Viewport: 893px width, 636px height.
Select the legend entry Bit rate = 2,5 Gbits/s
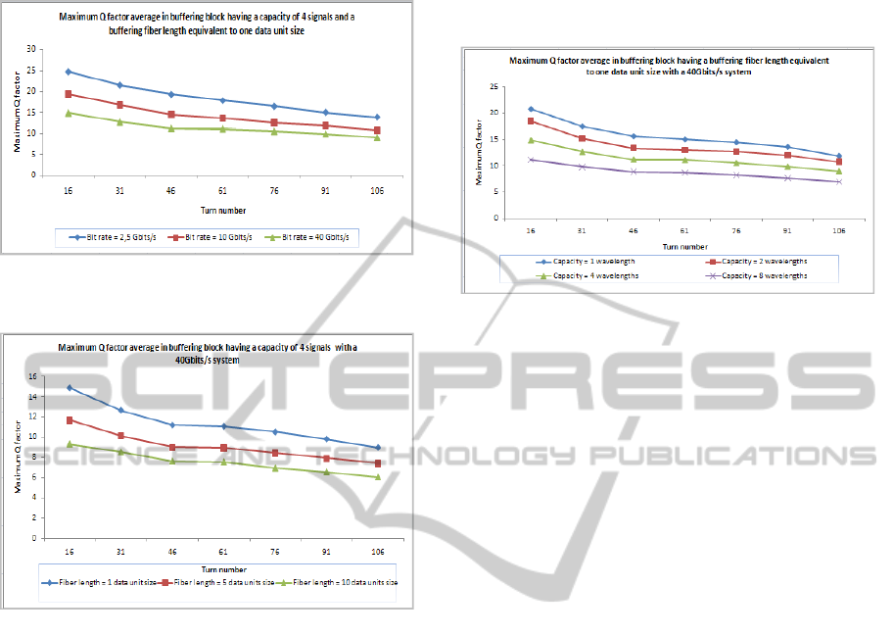pyautogui.click(x=111, y=237)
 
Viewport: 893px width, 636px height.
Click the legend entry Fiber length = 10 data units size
pyautogui.click(x=337, y=583)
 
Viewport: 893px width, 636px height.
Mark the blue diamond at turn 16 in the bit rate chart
pyautogui.click(x=69, y=72)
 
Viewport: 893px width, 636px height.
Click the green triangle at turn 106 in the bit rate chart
pyautogui.click(x=376, y=137)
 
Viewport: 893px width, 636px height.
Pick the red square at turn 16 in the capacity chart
pyautogui.click(x=532, y=121)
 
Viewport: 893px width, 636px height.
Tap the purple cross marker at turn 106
pyautogui.click(x=838, y=182)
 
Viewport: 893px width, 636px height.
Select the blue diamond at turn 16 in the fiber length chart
pyautogui.click(x=69, y=387)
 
